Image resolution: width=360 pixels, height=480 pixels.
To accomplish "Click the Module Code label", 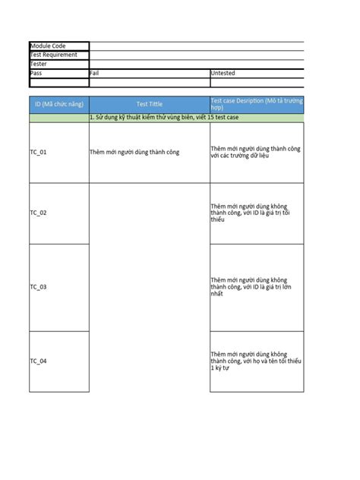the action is point(48,46).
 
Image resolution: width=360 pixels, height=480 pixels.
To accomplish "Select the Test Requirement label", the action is point(53,55).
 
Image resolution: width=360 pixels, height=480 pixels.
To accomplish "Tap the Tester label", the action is point(39,64).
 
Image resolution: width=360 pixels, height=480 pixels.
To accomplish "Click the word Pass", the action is point(36,73).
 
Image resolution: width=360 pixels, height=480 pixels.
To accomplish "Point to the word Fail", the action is point(95,73).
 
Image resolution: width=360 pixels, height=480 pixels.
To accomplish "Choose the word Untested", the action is point(223,73).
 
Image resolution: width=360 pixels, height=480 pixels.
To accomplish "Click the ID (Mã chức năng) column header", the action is point(58,103).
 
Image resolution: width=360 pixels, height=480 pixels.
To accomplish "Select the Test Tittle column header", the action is point(149,103).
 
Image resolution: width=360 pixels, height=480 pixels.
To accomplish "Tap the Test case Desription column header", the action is point(256,103).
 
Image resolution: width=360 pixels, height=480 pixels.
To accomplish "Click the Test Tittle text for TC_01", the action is point(134,152).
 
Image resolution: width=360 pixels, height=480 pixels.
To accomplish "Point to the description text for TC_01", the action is point(255,152).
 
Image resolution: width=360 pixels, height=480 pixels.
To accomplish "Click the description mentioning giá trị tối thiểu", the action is point(255,213).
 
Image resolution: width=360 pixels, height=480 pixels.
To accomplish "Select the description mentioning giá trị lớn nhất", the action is point(255,286).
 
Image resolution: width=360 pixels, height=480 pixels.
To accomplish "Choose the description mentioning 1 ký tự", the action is point(255,361).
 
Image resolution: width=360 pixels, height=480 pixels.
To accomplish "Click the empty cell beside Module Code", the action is point(196,46).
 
